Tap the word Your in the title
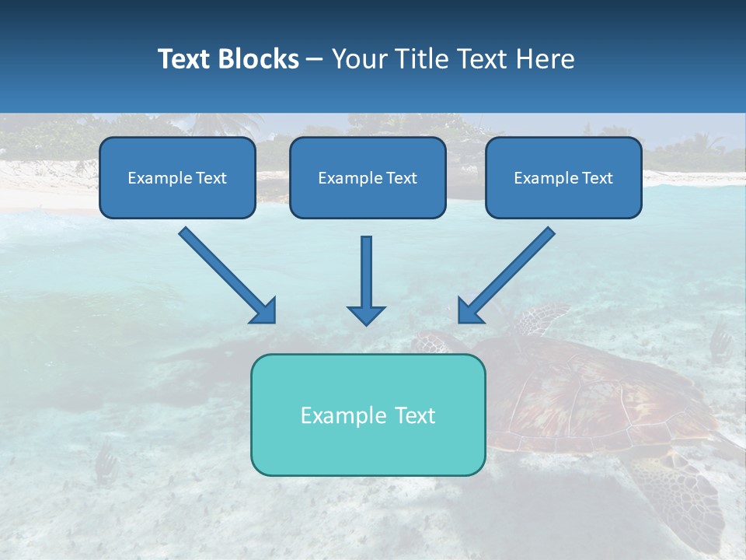click(x=359, y=59)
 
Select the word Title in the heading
click(x=420, y=59)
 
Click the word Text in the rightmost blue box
click(x=598, y=178)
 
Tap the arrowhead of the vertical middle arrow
click(x=366, y=313)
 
